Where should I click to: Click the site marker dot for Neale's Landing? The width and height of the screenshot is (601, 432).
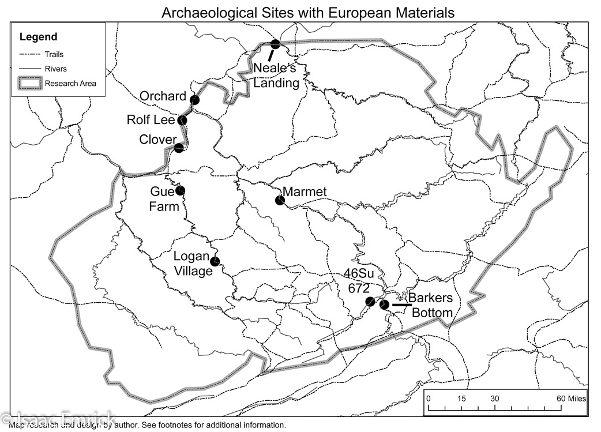(x=275, y=44)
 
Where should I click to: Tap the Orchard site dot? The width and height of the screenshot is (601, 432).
(x=195, y=100)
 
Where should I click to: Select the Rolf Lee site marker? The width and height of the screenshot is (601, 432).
(x=182, y=121)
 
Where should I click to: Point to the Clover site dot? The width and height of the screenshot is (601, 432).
(x=179, y=148)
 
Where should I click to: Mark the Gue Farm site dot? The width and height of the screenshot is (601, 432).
(x=181, y=190)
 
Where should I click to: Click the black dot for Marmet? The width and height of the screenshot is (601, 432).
(x=280, y=200)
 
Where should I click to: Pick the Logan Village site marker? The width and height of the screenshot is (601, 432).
(x=215, y=261)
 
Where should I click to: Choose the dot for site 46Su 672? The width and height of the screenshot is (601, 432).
(x=370, y=302)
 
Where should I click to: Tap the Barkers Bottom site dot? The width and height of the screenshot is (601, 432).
(x=384, y=304)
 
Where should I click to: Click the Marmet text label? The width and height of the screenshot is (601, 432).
(x=305, y=192)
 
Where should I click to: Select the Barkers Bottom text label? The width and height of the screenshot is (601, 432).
(x=431, y=306)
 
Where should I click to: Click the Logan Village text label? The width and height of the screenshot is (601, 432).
(x=193, y=264)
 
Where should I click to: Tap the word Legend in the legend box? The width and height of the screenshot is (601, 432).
(x=38, y=37)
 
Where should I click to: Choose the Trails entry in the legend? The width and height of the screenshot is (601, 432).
(x=55, y=55)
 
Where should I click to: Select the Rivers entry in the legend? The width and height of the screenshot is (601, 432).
(x=55, y=69)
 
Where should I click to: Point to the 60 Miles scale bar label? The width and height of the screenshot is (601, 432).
(x=571, y=399)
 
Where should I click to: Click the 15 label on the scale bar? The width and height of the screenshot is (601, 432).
(x=461, y=399)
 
